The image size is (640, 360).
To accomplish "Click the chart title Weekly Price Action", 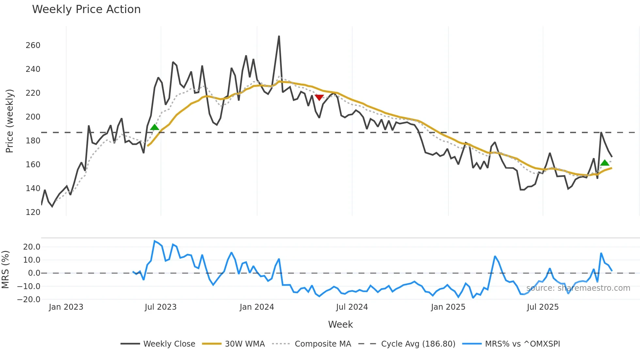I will (x=86, y=9).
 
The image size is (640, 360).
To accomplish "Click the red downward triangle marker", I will (x=319, y=97).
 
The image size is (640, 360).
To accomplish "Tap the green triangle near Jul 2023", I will (x=154, y=127).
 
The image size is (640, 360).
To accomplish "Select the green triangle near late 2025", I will (x=604, y=163).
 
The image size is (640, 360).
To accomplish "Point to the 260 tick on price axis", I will (x=33, y=45).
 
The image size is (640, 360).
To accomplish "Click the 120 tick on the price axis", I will (x=33, y=212).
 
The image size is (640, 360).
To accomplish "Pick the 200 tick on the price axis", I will (x=33, y=117).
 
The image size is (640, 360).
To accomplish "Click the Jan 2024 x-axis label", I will (x=257, y=307).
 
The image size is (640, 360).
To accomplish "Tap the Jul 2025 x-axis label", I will (x=543, y=307).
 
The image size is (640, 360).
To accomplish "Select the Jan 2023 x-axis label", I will (x=66, y=307).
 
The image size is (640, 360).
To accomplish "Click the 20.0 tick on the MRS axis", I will (x=32, y=247).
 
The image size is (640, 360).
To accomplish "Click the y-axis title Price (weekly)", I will (x=9, y=121).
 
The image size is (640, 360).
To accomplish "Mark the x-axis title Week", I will (x=340, y=324).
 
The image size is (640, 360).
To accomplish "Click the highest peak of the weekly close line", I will (x=279, y=37).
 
